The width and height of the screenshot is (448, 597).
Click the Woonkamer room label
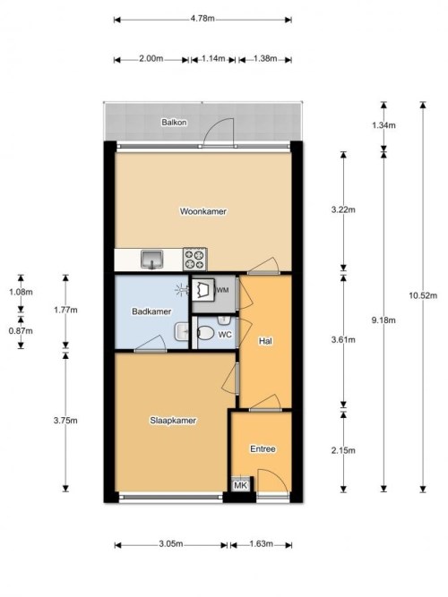[x=203, y=211]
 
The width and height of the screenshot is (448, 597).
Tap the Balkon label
[x=174, y=123]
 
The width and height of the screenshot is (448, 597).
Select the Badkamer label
[x=151, y=311]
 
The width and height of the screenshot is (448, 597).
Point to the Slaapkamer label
[x=173, y=421]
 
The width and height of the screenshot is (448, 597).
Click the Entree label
[x=263, y=449]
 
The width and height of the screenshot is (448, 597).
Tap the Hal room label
[x=265, y=341]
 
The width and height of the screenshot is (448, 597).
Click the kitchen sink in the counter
[x=151, y=260]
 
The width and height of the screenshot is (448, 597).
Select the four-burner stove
[x=194, y=260]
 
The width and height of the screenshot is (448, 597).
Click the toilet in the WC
[x=205, y=334]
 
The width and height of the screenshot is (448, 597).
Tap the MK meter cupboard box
[x=241, y=485]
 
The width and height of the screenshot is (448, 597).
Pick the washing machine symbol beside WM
[x=202, y=290]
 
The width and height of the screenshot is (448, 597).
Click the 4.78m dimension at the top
[x=202, y=19]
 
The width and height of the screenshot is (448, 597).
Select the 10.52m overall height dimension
[x=423, y=295]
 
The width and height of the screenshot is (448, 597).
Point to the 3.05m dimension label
[x=170, y=543]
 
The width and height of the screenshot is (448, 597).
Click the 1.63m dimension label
[x=261, y=543]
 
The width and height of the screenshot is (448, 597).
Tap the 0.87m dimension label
[x=21, y=331]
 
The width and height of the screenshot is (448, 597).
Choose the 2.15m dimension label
[x=343, y=450]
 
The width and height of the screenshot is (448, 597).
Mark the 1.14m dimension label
[x=213, y=59]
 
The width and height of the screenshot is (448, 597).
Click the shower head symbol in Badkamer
[x=182, y=291]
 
